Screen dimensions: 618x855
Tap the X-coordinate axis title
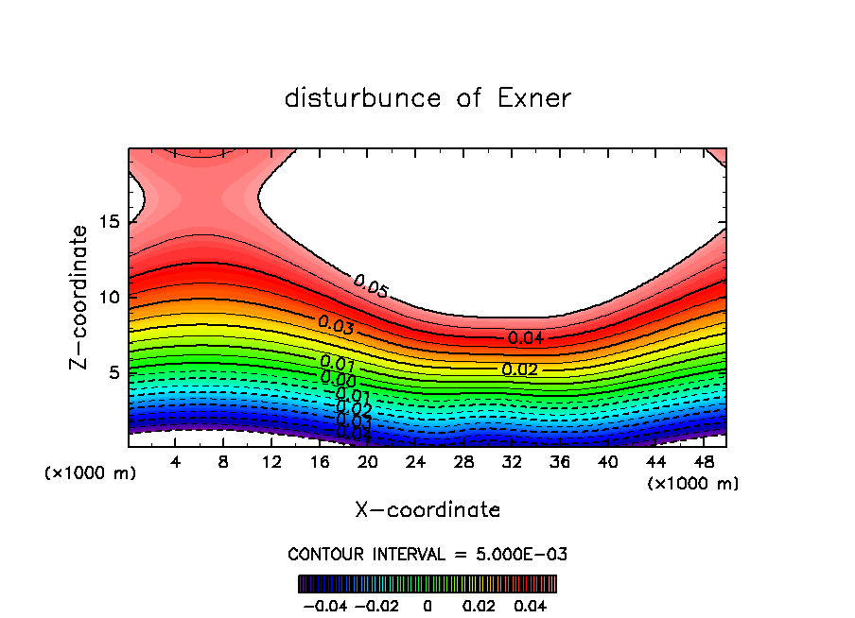pyautogui.click(x=427, y=510)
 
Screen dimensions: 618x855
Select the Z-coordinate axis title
pyautogui.click(x=81, y=297)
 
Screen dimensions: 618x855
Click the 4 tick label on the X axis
pyautogui.click(x=176, y=462)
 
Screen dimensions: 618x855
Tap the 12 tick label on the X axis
pyautogui.click(x=271, y=462)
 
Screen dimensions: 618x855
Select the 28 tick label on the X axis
pyautogui.click(x=463, y=462)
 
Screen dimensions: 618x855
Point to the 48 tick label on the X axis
pyautogui.click(x=703, y=462)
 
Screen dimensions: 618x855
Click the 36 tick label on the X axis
pyautogui.click(x=559, y=462)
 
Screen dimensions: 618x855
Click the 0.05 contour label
pyautogui.click(x=371, y=285)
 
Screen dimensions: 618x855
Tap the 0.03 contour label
pyautogui.click(x=336, y=325)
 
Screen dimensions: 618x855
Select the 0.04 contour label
pyautogui.click(x=526, y=337)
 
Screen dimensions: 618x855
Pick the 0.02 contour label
pyautogui.click(x=519, y=369)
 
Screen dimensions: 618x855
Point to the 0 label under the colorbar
pyautogui.click(x=427, y=604)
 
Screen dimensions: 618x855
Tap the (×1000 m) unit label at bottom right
pyautogui.click(x=692, y=484)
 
